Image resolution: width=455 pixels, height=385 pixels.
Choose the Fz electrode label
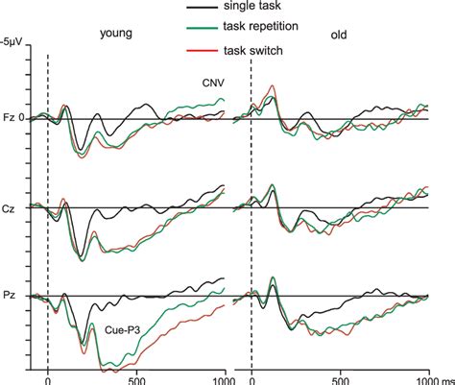(10, 118)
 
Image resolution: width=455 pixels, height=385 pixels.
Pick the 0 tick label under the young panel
(48, 377)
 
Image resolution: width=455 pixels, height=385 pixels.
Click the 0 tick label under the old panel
(252, 377)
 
